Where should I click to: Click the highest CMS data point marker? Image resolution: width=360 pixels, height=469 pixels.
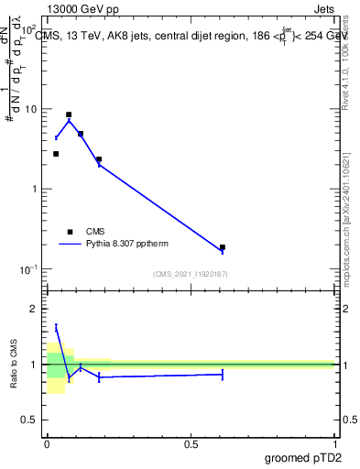pyautogui.click(x=69, y=115)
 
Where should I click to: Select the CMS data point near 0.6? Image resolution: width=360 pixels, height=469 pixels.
pyautogui.click(x=223, y=247)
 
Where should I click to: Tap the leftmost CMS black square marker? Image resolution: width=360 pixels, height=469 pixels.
pyautogui.click(x=56, y=154)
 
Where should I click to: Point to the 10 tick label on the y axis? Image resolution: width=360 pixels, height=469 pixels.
pyautogui.click(x=30, y=109)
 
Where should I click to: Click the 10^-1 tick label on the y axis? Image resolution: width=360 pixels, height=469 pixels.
pyautogui.click(x=27, y=268)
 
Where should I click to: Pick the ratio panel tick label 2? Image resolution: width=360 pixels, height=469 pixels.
pyautogui.click(x=34, y=309)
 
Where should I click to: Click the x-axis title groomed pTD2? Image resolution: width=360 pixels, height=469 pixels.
pyautogui.click(x=304, y=457)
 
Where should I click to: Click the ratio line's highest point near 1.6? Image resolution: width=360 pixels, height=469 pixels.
pyautogui.click(x=56, y=327)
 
